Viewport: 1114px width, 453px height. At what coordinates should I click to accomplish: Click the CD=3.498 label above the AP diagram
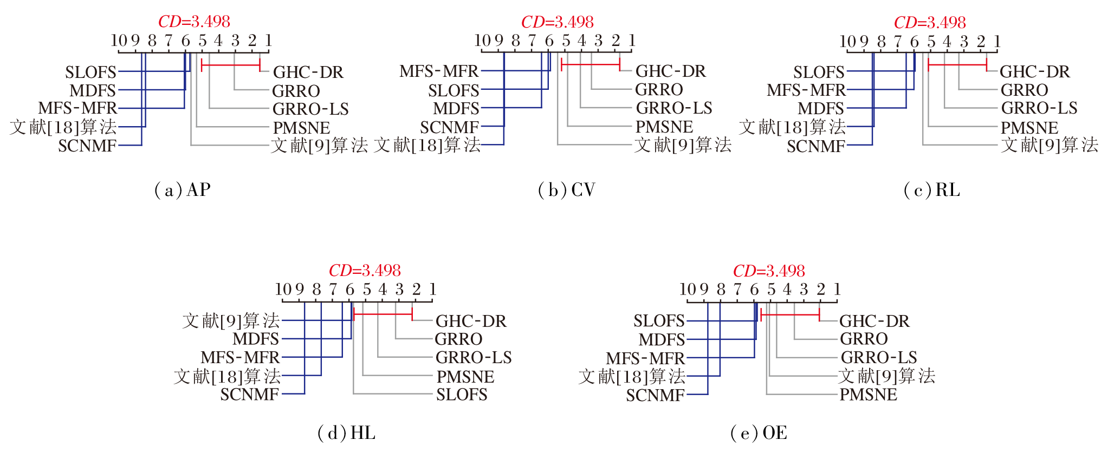click(x=194, y=22)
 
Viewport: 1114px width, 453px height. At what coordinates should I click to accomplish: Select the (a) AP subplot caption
click(x=182, y=190)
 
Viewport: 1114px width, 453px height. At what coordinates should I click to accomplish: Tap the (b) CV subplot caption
click(x=566, y=190)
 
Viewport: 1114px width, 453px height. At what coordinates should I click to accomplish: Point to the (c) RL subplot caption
click(x=932, y=190)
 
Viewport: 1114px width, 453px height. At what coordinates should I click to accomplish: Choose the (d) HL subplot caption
click(x=346, y=433)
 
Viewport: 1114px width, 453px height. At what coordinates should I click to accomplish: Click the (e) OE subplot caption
click(x=759, y=433)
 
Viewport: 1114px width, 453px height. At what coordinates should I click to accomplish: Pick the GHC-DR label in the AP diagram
click(x=308, y=72)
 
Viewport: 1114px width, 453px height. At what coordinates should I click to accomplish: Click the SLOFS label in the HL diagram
click(x=462, y=395)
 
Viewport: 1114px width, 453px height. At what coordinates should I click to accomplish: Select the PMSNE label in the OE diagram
click(x=868, y=395)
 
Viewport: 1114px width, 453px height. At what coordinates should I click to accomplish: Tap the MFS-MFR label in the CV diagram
click(x=439, y=71)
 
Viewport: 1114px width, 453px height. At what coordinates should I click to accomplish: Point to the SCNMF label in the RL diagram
click(x=815, y=146)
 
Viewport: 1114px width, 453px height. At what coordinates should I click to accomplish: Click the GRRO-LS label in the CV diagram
click(x=674, y=108)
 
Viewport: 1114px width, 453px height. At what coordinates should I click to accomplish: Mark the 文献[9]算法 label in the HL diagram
click(x=231, y=321)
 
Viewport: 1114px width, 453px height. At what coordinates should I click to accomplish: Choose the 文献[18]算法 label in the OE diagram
click(x=632, y=376)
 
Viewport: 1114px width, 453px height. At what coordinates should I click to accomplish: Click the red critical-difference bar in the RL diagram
click(x=957, y=65)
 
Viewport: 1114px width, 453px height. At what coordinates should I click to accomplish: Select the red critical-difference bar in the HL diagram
click(x=383, y=314)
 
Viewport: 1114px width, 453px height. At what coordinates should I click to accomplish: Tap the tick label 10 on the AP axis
click(x=119, y=41)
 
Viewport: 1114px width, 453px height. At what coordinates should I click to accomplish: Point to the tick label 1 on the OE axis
click(x=837, y=290)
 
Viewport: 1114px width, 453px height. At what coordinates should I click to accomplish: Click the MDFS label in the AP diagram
click(x=93, y=90)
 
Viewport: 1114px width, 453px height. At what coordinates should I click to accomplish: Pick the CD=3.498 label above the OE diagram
click(x=769, y=271)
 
